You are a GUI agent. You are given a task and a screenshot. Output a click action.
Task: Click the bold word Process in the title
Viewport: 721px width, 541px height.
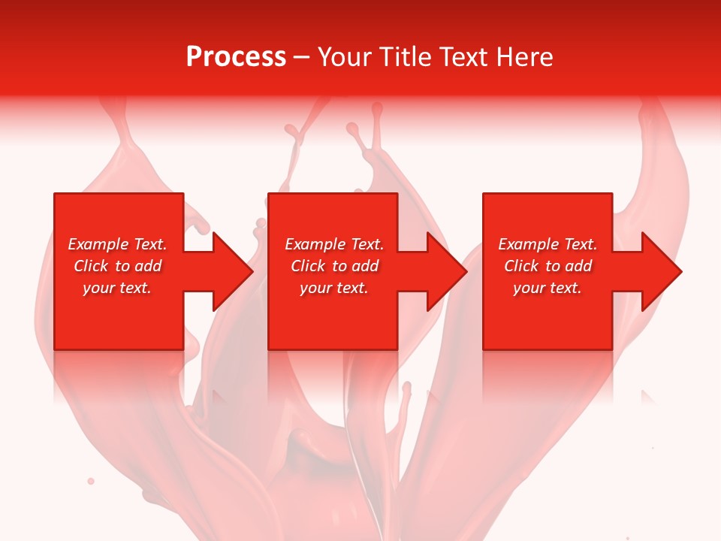coord(236,57)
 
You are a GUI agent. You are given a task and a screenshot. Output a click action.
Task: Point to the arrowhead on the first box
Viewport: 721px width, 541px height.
coord(231,271)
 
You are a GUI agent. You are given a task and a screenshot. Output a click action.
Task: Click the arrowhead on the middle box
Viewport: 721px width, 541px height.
coord(446,271)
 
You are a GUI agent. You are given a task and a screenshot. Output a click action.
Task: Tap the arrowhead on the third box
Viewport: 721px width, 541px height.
coord(661,271)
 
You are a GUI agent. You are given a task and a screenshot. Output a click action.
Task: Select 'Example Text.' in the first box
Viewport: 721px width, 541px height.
coord(117,244)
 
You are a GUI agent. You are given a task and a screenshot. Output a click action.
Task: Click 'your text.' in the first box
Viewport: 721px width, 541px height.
coord(117,288)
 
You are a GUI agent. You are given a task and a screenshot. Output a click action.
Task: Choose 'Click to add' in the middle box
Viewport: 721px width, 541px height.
coord(334,266)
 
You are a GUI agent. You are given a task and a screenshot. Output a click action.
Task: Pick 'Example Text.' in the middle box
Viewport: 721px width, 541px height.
coord(334,244)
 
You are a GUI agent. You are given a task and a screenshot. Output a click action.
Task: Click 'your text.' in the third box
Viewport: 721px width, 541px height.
coord(548,288)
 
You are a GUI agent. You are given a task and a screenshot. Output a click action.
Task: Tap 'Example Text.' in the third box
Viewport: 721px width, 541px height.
coord(548,244)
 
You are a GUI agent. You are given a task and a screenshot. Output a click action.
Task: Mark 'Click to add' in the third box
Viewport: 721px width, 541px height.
coord(548,266)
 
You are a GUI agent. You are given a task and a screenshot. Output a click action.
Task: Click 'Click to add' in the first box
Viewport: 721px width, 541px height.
coord(117,266)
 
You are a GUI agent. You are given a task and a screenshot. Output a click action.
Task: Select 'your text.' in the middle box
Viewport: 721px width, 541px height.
coord(334,288)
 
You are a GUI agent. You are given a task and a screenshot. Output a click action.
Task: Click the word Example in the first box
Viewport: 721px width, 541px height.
coord(98,244)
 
